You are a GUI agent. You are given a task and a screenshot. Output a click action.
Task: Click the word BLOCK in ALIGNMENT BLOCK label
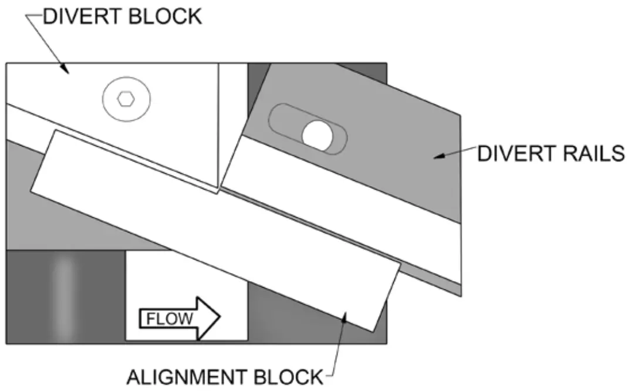pyautogui.click(x=290, y=376)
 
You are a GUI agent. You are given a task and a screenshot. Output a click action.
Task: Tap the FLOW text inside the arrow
pyautogui.click(x=169, y=319)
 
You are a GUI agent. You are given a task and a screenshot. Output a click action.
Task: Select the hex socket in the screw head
pyautogui.click(x=126, y=99)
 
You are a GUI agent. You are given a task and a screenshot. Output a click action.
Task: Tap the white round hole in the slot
pyautogui.click(x=318, y=134)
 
